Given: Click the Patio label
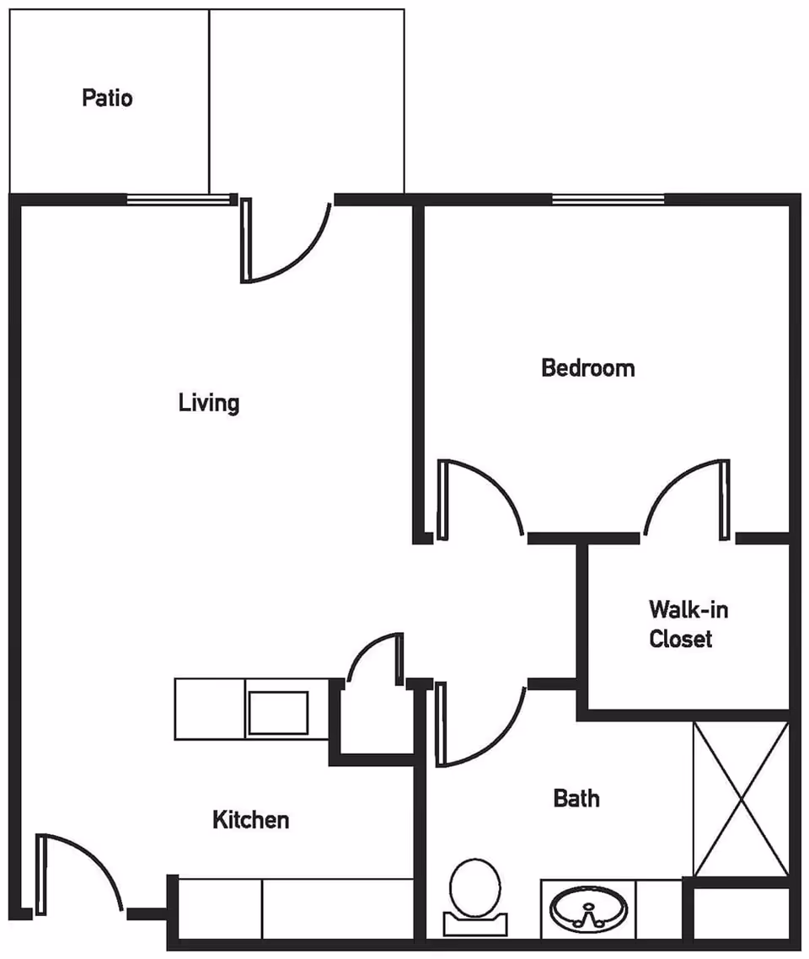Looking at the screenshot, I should tap(107, 98).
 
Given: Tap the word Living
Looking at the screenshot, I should tap(208, 403).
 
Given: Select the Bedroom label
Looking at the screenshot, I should tap(587, 368).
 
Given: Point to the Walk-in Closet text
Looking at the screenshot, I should tap(681, 624).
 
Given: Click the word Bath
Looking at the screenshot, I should tap(576, 797).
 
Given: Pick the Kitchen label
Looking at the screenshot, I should tap(250, 819).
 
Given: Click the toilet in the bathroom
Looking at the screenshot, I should tap(474, 889).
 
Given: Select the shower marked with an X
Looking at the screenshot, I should tap(740, 798).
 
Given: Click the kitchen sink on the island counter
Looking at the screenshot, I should tap(277, 713).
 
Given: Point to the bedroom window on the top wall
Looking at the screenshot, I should tap(608, 200).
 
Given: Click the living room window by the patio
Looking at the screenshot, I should tap(179, 200).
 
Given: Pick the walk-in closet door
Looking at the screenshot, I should tap(684, 497).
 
